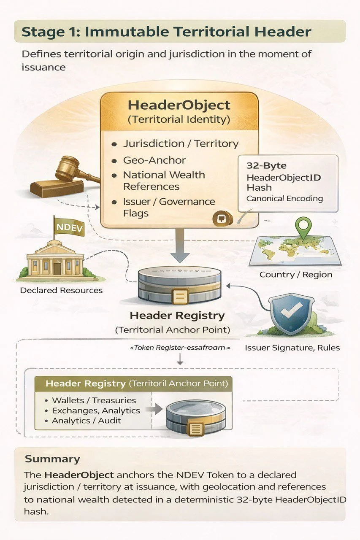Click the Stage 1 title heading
point(167,32)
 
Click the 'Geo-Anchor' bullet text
point(154,160)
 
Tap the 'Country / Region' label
point(295,275)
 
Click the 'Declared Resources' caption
point(61,290)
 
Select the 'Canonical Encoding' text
point(284,198)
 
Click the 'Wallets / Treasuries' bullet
point(94,400)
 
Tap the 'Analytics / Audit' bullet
point(86,421)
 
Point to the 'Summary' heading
point(52,459)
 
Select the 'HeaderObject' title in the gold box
point(179,105)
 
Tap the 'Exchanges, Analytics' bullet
point(96,410)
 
